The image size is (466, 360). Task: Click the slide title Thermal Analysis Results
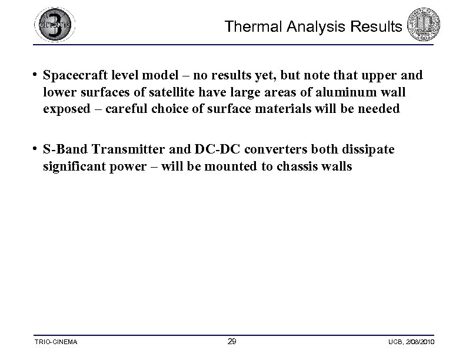coord(313,27)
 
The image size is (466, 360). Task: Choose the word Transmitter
coord(124,150)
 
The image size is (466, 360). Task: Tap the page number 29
coord(232,342)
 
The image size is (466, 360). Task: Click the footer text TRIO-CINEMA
coord(56,342)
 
